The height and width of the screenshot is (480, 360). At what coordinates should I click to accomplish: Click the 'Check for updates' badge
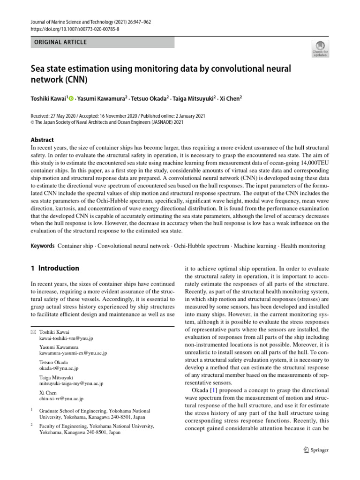(320, 48)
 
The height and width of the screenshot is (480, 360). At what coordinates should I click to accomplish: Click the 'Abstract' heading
(42, 140)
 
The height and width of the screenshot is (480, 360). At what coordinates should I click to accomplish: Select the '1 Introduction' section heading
(55, 269)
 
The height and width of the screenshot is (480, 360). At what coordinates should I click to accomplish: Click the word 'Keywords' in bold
(42, 246)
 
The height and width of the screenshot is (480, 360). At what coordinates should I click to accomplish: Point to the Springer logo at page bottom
(316, 450)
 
